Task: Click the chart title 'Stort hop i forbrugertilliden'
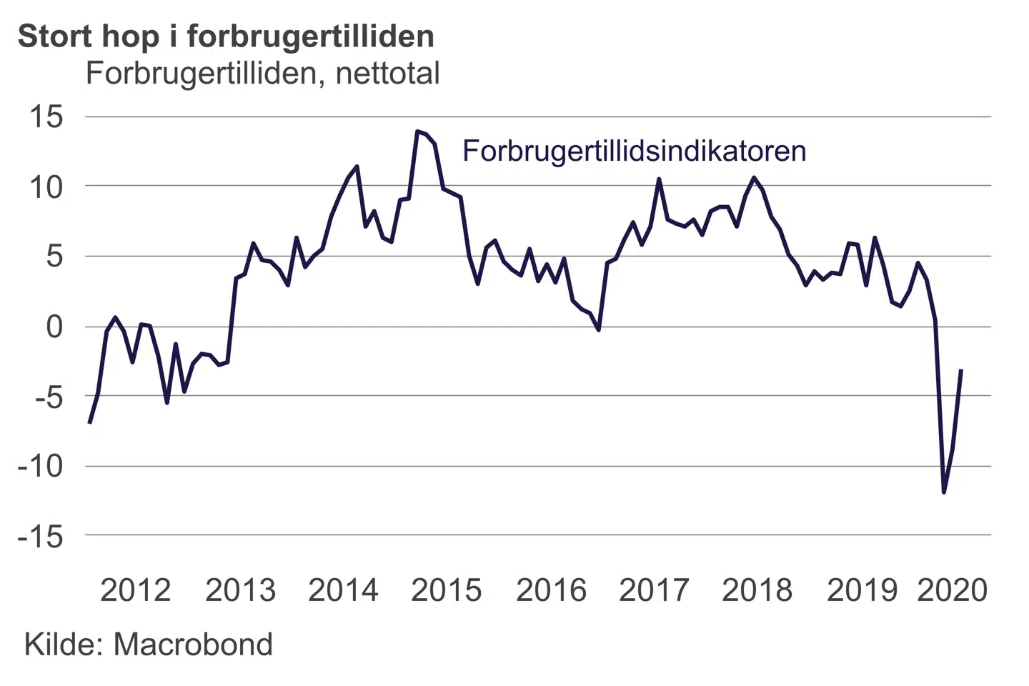tap(226, 36)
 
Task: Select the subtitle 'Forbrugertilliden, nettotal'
tap(262, 74)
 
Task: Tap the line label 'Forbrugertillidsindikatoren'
tap(634, 151)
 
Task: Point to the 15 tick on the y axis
tap(45, 116)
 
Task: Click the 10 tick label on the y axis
tap(45, 187)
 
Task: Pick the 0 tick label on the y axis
tap(54, 327)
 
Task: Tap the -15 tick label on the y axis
tap(40, 537)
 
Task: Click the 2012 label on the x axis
tap(135, 590)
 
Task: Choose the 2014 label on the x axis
tap(343, 590)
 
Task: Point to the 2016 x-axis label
tap(551, 590)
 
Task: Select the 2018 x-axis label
tap(757, 590)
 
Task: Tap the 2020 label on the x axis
tap(953, 590)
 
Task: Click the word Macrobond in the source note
tap(193, 645)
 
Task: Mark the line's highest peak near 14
tap(417, 131)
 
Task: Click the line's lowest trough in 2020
tap(944, 492)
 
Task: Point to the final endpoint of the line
tap(961, 370)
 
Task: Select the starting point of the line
tap(89, 422)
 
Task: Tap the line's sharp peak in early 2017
tap(659, 179)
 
